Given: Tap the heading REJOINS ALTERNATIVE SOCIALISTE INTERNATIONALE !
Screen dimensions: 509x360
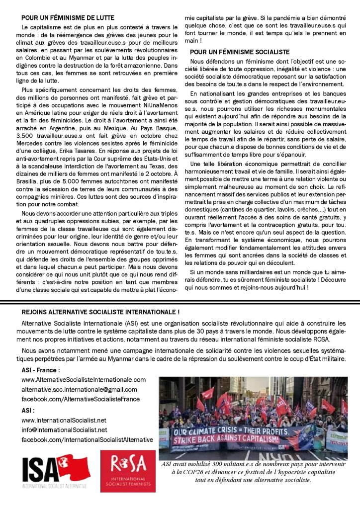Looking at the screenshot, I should (100, 312).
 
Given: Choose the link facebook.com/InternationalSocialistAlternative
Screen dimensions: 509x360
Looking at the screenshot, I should (87, 440).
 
